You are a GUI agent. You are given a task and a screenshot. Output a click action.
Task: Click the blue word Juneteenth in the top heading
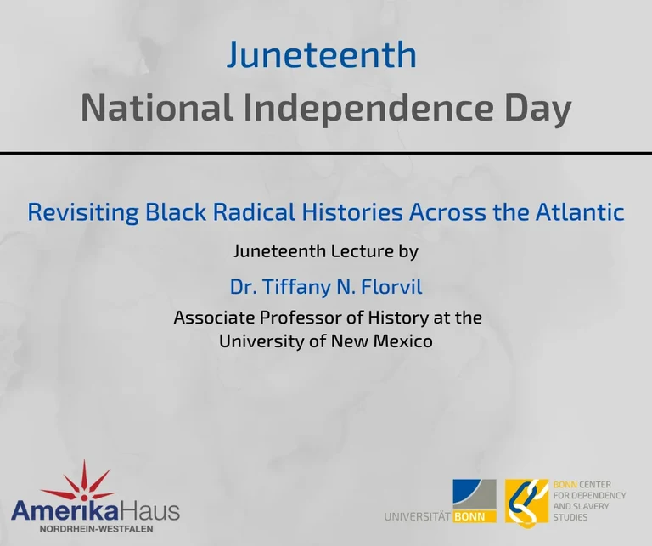[322, 55]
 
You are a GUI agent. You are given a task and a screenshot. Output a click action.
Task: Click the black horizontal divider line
[326, 153]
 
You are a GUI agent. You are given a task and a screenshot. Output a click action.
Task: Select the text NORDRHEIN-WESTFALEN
[94, 529]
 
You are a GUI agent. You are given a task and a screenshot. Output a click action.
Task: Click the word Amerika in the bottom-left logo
[66, 511]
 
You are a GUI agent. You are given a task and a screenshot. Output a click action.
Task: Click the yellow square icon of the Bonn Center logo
[526, 501]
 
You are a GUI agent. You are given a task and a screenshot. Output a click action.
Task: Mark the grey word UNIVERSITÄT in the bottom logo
[417, 515]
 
